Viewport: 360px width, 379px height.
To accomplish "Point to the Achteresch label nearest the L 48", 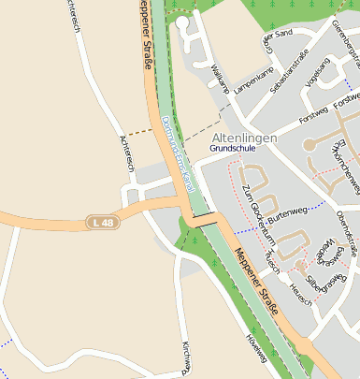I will coord(122,153).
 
